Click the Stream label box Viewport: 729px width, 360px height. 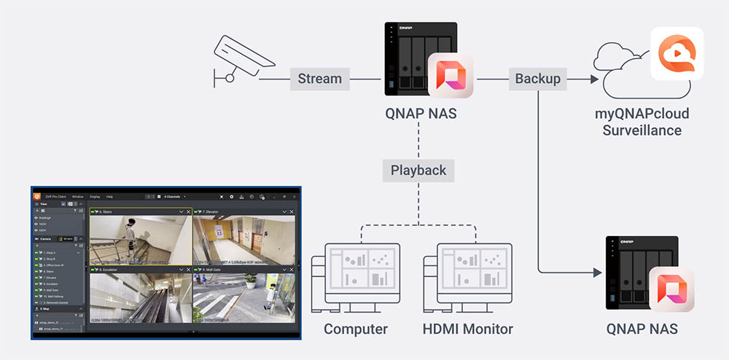point(320,78)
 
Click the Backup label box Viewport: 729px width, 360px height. point(538,78)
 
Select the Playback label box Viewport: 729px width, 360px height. point(418,171)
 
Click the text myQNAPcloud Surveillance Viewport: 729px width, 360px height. point(642,122)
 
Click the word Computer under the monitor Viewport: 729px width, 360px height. point(356,329)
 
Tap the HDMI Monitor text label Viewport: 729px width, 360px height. point(467,329)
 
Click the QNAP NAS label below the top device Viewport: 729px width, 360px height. point(421,114)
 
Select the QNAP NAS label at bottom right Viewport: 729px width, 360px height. point(642,329)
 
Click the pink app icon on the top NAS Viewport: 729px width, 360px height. point(451,75)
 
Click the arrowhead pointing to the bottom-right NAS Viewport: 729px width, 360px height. point(598,273)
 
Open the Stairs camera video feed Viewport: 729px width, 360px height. point(141,240)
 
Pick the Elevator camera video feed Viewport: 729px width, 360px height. point(244,240)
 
